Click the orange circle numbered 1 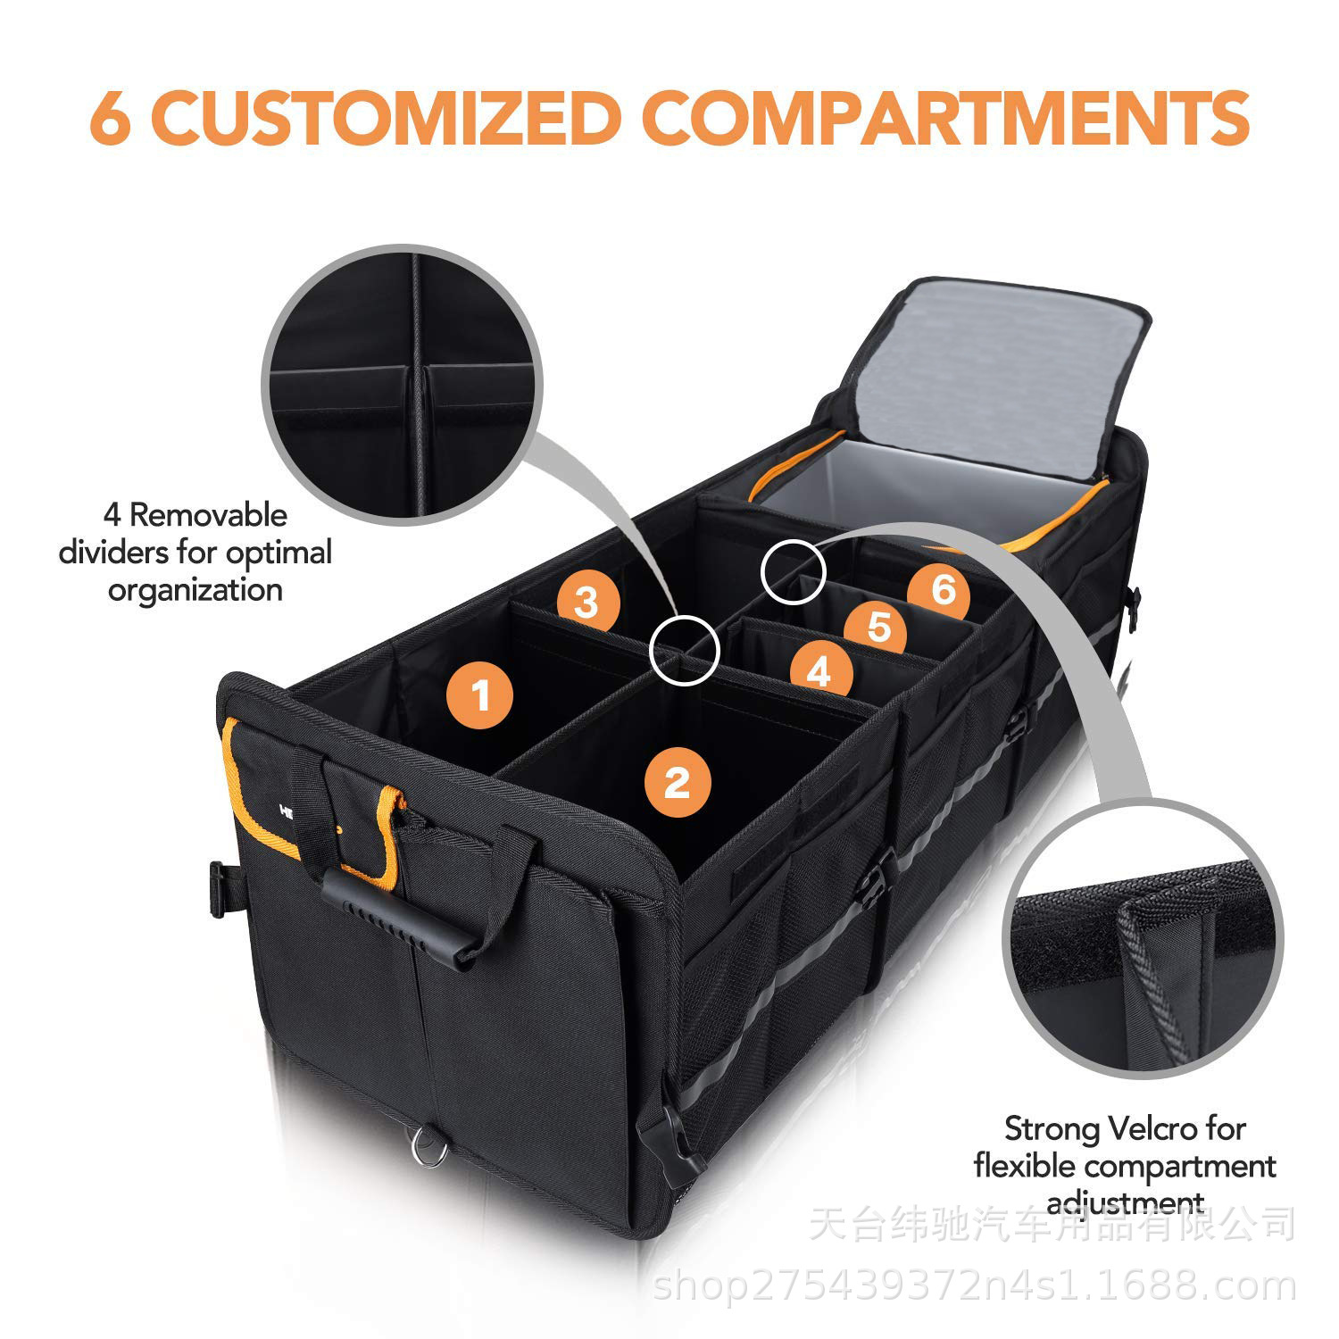(x=482, y=694)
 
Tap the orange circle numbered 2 (x=678, y=784)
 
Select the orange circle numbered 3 (x=586, y=603)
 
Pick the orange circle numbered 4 (x=819, y=670)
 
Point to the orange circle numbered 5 (x=879, y=628)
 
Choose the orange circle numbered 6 (x=943, y=589)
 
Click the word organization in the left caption (x=195, y=591)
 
